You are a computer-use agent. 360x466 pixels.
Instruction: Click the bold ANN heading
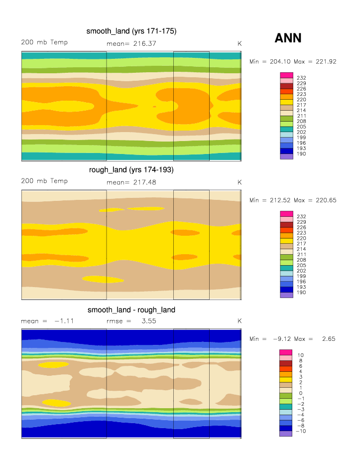[x=288, y=38]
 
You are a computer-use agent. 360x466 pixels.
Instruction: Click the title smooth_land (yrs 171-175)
[x=131, y=31]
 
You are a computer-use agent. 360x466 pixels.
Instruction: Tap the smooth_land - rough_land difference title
[x=131, y=310]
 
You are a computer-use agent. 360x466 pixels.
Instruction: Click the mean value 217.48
[x=144, y=182]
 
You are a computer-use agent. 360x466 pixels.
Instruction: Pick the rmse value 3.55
[x=149, y=321]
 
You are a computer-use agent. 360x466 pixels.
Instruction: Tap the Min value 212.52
[x=278, y=200]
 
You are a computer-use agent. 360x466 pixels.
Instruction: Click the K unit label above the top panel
[x=240, y=44]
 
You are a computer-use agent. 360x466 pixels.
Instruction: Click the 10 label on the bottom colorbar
[x=300, y=355]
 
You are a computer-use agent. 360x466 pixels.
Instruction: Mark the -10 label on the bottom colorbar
[x=301, y=431]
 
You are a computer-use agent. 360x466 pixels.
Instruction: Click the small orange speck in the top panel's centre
[x=154, y=107]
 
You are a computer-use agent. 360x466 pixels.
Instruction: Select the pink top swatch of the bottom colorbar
[x=286, y=352]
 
